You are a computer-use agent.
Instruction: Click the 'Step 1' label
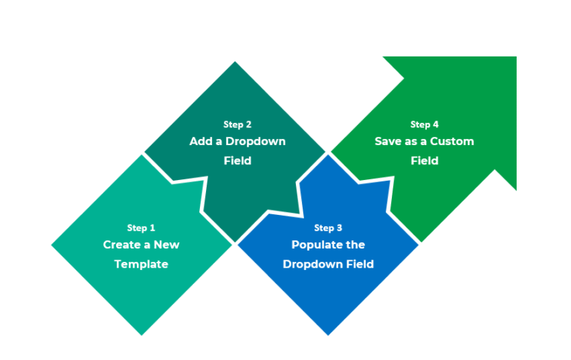coord(141,228)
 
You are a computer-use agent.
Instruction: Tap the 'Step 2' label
coord(237,124)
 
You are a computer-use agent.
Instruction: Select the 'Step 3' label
coord(328,228)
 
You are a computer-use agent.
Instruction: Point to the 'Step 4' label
coord(425,124)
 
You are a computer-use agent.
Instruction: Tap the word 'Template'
coord(141,264)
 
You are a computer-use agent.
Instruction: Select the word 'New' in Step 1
coord(167,245)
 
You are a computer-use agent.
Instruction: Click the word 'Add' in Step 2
coord(199,141)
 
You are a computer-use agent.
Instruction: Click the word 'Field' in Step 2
coord(237,161)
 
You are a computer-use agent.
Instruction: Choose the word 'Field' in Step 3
coord(357,264)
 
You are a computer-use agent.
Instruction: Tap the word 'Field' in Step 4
coord(425,161)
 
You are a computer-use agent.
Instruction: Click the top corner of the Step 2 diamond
coord(236,62)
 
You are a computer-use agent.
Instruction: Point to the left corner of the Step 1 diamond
coord(51,245)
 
